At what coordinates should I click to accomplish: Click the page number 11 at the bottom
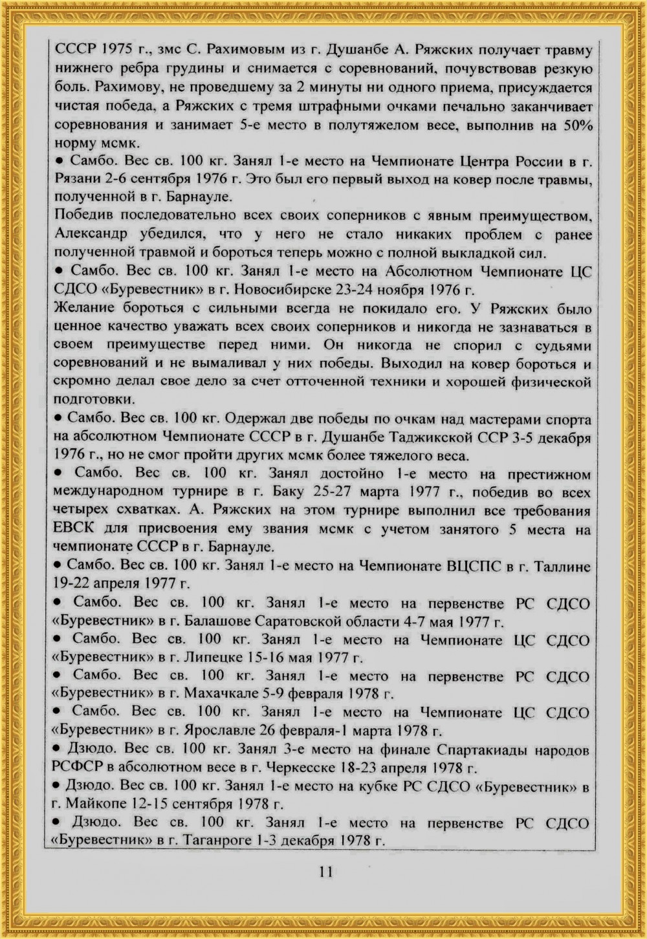coord(325,872)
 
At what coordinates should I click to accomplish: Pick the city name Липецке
coord(214,658)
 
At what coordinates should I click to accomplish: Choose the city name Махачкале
coord(226,695)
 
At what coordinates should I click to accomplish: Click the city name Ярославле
coord(226,731)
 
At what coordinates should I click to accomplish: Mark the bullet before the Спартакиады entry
coord(58,750)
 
